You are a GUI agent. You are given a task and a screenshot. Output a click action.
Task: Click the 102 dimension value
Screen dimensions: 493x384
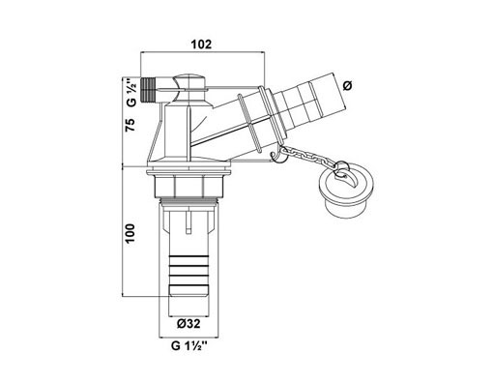202,44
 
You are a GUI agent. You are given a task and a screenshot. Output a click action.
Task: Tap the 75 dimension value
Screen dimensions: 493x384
130,125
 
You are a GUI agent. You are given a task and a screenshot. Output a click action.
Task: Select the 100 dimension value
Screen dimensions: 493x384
130,233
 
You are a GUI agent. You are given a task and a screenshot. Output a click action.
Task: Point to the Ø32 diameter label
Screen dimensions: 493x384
188,323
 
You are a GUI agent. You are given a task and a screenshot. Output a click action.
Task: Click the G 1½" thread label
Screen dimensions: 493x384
188,346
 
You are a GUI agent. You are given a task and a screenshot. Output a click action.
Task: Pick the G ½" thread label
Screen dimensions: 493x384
131,92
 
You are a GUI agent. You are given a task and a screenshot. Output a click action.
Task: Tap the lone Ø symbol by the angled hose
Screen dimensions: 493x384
348,86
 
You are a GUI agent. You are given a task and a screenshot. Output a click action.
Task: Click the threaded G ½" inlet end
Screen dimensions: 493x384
148,88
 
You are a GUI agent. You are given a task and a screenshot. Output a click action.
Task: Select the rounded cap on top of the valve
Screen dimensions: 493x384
188,82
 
